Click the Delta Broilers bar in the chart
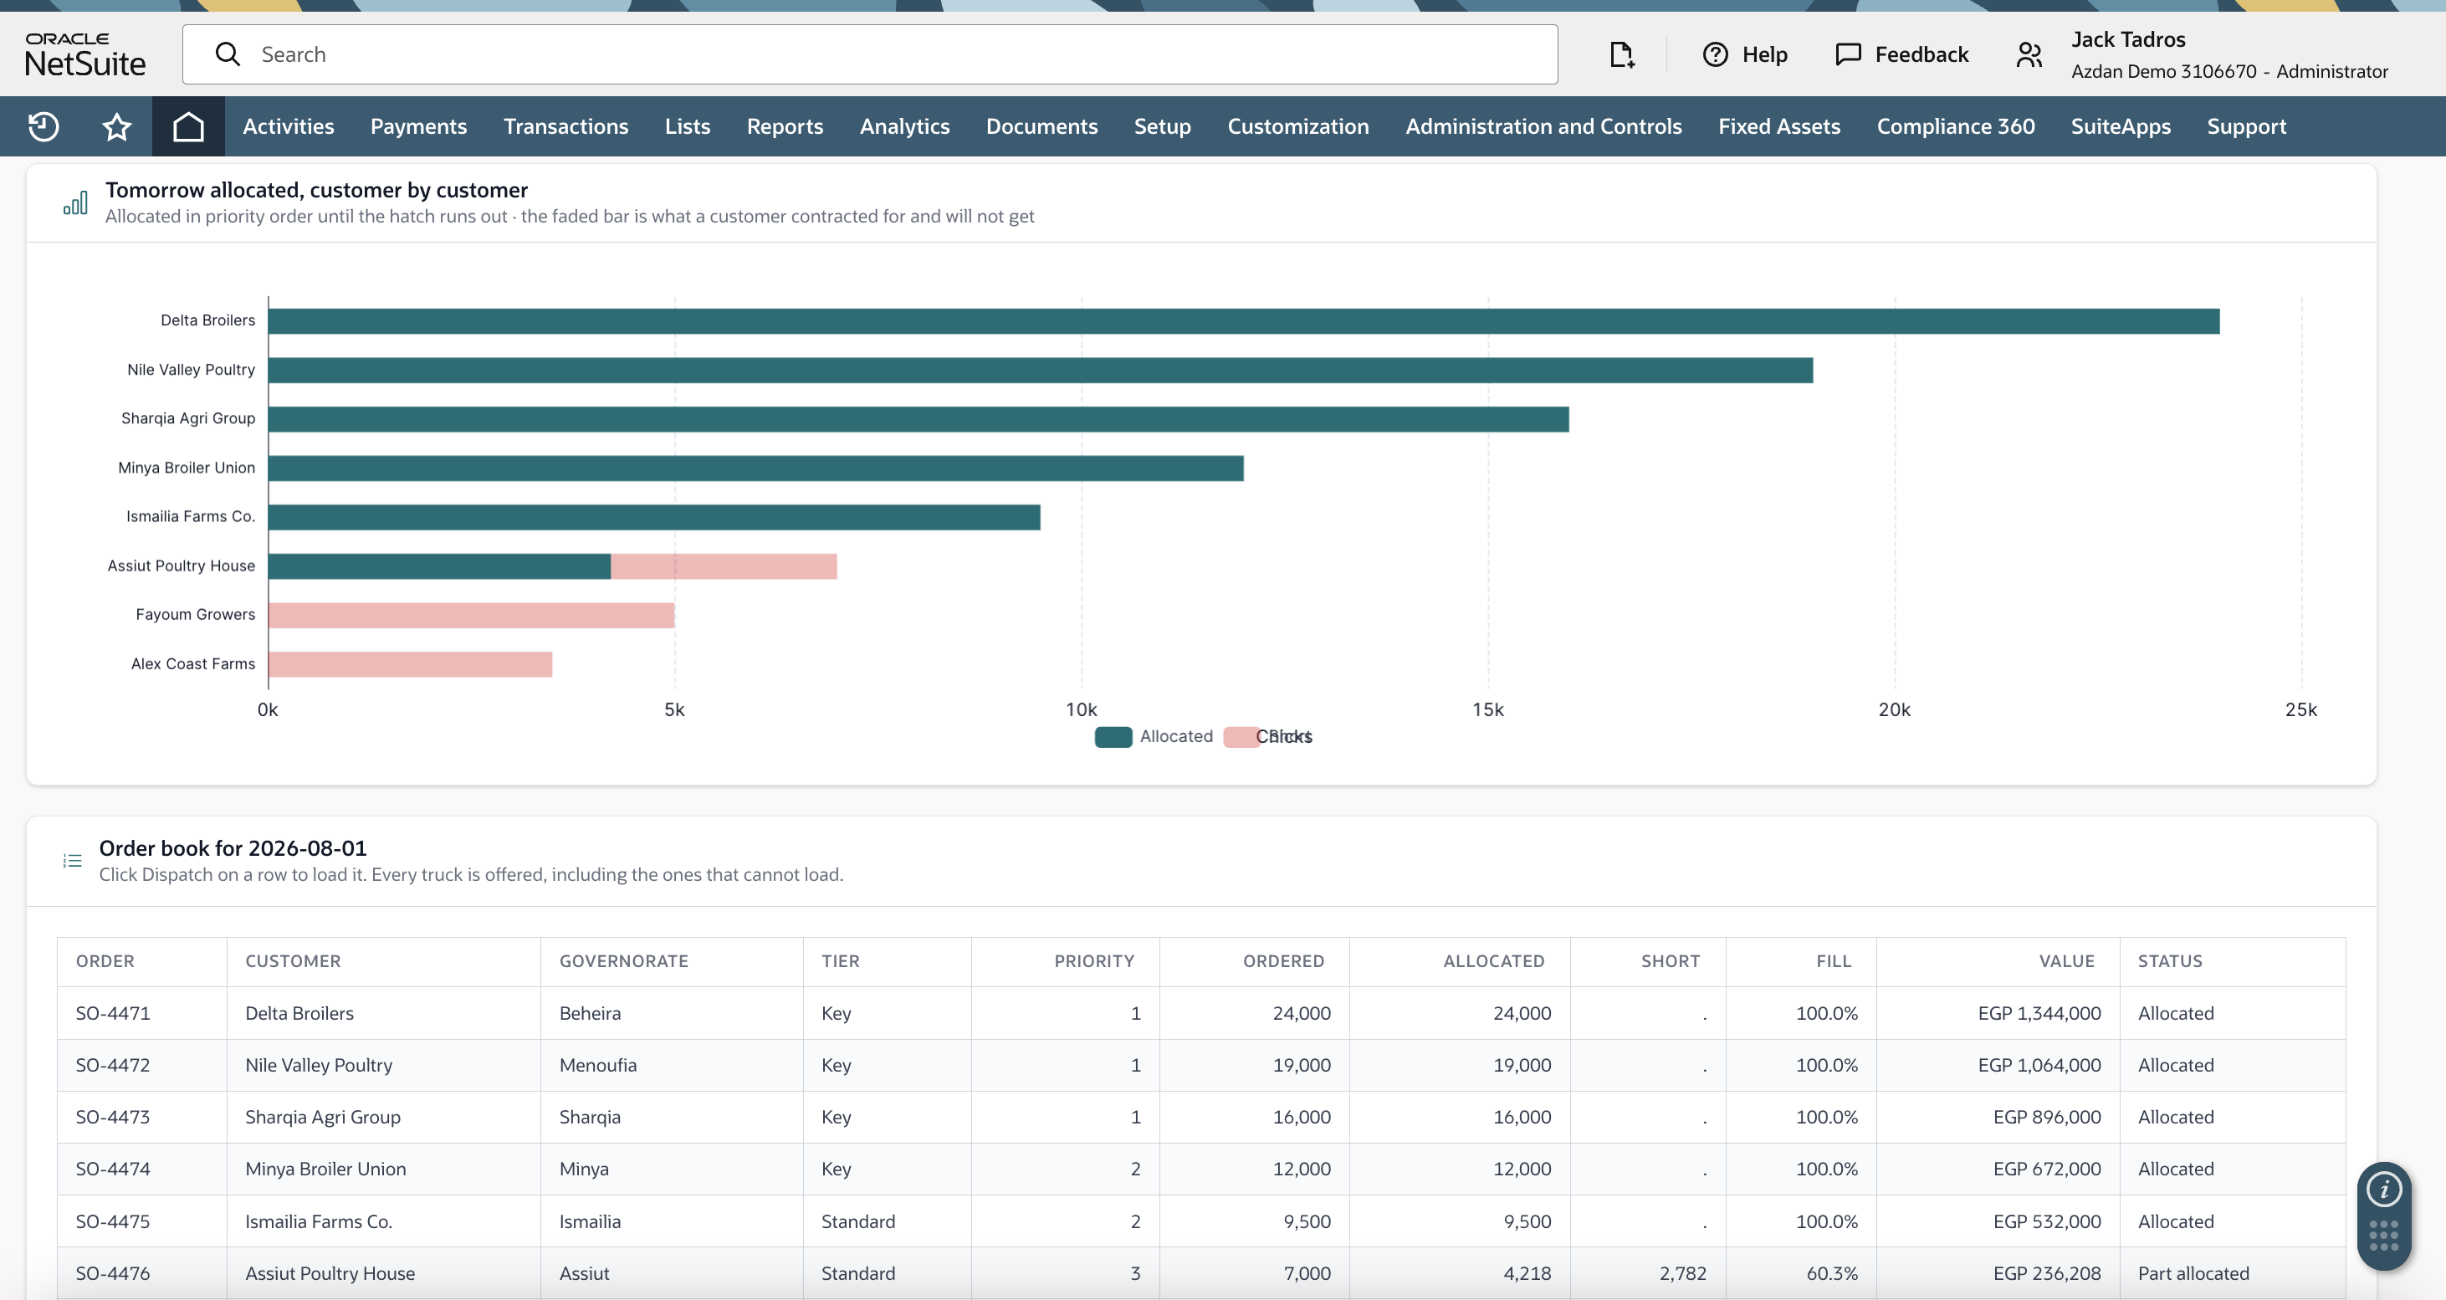click(1244, 321)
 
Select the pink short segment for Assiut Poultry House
click(724, 566)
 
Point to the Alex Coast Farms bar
click(410, 663)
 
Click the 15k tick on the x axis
click(1488, 709)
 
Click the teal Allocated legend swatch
click(1113, 737)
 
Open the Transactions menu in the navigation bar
click(566, 126)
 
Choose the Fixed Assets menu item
click(1778, 126)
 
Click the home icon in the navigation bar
click(188, 126)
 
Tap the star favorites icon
click(117, 126)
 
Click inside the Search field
click(870, 54)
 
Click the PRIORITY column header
click(1094, 961)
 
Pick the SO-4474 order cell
click(113, 1169)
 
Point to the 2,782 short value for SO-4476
click(1682, 1273)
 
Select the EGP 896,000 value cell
click(2046, 1117)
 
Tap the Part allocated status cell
click(2193, 1273)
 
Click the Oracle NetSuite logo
click(85, 54)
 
